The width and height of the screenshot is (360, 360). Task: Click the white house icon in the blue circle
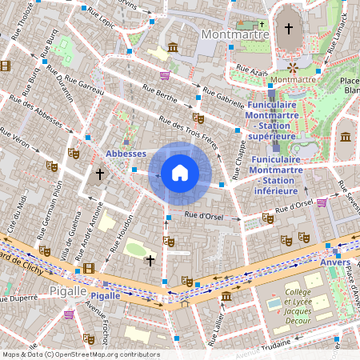[180, 172]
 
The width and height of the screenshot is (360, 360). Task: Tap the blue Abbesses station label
[126, 154]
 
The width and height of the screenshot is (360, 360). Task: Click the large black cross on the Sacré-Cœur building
[289, 29]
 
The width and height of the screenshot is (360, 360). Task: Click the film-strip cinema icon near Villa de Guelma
[88, 268]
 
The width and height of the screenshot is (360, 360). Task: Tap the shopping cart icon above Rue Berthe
[165, 76]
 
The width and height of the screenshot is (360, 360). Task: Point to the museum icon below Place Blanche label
[346, 138]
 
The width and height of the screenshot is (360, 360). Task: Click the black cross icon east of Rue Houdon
[150, 260]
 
